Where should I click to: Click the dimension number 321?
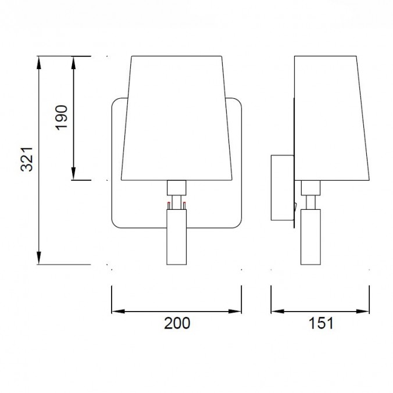pyautogui.click(x=26, y=159)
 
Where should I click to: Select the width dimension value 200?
pyautogui.click(x=176, y=323)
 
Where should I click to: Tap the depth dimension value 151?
pyautogui.click(x=320, y=323)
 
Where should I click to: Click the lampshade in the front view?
pyautogui.click(x=177, y=116)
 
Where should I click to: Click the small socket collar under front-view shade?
pyautogui.click(x=176, y=187)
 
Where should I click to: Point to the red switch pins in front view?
pyautogui.click(x=176, y=204)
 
